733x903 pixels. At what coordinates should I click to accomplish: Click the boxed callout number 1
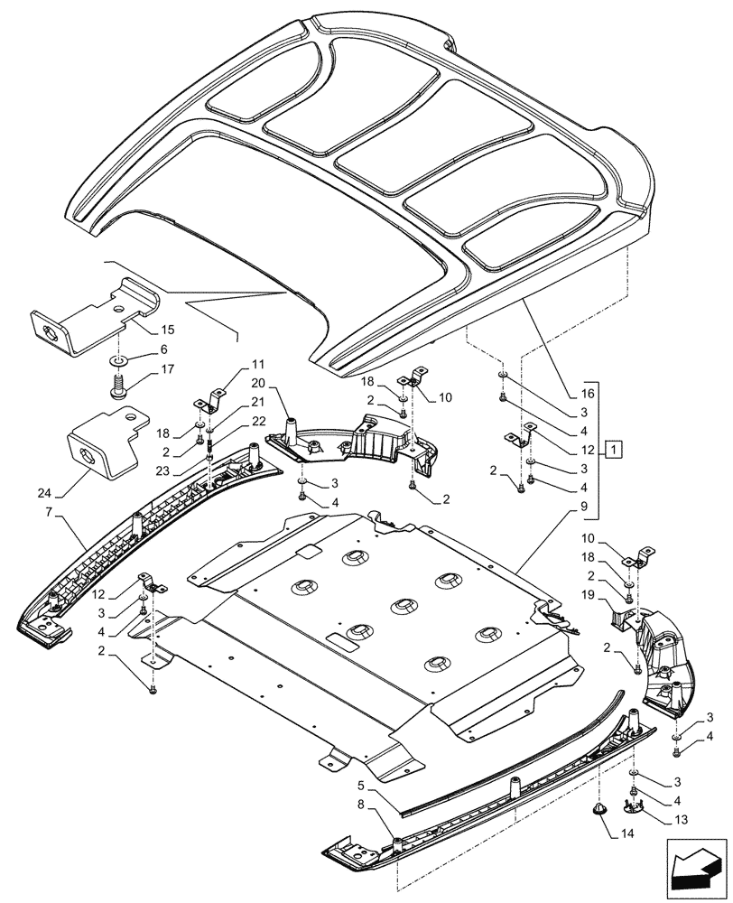click(613, 449)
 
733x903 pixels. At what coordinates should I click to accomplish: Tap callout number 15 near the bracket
click(168, 331)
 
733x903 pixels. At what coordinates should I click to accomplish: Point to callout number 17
click(168, 369)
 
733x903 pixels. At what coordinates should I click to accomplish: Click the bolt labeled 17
click(119, 390)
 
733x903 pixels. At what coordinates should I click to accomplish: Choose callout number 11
click(258, 366)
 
